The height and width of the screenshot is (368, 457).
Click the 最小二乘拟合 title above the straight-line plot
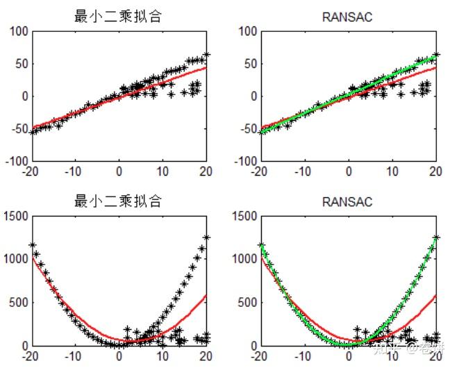click(x=117, y=17)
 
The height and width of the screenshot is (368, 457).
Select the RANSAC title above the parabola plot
click(x=347, y=202)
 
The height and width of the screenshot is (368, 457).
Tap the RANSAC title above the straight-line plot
click(x=347, y=17)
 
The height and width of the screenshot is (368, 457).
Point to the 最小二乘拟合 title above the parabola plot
click(x=117, y=202)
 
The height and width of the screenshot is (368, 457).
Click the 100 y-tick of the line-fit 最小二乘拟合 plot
click(x=19, y=31)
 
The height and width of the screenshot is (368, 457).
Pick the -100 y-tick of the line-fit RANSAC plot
click(x=244, y=161)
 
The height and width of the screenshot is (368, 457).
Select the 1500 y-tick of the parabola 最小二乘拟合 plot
click(x=16, y=217)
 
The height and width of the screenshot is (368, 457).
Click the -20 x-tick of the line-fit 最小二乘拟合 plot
click(x=30, y=171)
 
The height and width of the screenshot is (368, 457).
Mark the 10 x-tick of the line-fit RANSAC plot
click(x=392, y=171)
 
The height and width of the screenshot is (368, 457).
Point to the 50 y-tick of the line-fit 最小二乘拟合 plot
click(x=21, y=64)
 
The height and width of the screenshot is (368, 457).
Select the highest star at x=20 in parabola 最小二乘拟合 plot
click(x=206, y=237)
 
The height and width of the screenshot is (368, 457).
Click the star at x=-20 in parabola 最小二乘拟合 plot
click(x=32, y=245)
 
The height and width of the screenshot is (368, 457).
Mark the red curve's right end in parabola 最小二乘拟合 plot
click(x=206, y=295)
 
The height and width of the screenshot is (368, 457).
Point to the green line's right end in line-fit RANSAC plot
click(x=435, y=55)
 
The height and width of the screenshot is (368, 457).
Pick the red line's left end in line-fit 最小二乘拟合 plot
click(x=31, y=128)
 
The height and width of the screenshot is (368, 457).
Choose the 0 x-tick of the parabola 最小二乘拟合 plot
click(x=118, y=356)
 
